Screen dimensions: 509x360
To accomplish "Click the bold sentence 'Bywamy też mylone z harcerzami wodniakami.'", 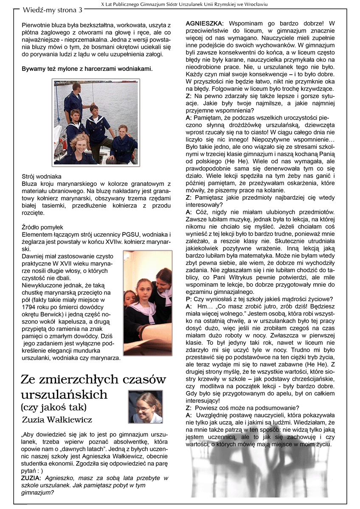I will click(87, 69).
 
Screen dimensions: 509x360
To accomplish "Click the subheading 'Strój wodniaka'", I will click(42, 176).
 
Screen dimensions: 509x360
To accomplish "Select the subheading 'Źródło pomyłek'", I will click(42, 227).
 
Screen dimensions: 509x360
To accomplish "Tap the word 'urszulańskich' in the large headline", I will click(64, 394).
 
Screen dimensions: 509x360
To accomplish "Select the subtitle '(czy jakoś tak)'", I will click(53, 408).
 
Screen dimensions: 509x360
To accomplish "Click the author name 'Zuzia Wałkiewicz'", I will click(56, 420).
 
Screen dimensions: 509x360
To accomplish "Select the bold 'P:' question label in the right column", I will click(189, 299).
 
